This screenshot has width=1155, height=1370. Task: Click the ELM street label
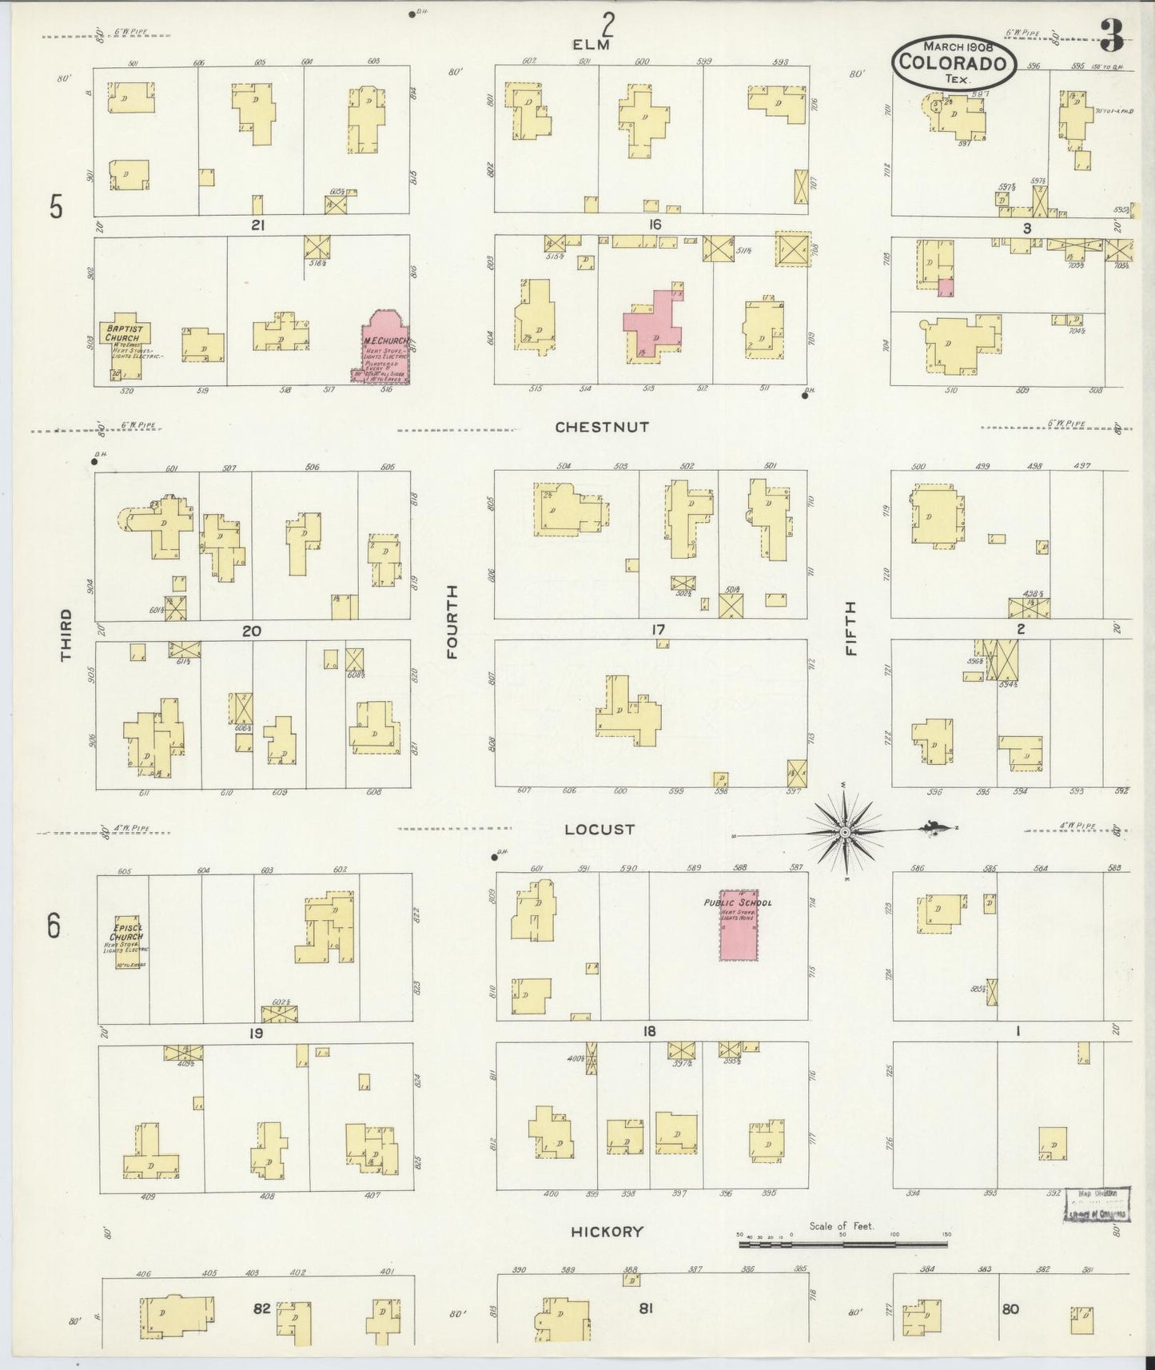click(591, 46)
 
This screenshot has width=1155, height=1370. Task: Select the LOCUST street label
click(599, 830)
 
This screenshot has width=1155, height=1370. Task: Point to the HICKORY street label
click(607, 1232)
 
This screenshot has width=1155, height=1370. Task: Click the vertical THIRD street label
click(66, 635)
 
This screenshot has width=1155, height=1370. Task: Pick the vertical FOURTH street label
click(452, 622)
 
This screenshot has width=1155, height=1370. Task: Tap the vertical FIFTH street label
click(850, 628)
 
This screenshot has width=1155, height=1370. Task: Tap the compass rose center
click(846, 832)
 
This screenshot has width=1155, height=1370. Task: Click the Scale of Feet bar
click(842, 1245)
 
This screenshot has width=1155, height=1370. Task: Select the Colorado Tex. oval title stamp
click(954, 61)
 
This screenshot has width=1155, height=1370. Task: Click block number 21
click(257, 225)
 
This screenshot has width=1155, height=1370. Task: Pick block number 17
click(657, 631)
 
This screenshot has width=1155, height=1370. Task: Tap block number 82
click(261, 1309)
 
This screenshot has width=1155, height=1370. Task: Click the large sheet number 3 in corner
click(1111, 36)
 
